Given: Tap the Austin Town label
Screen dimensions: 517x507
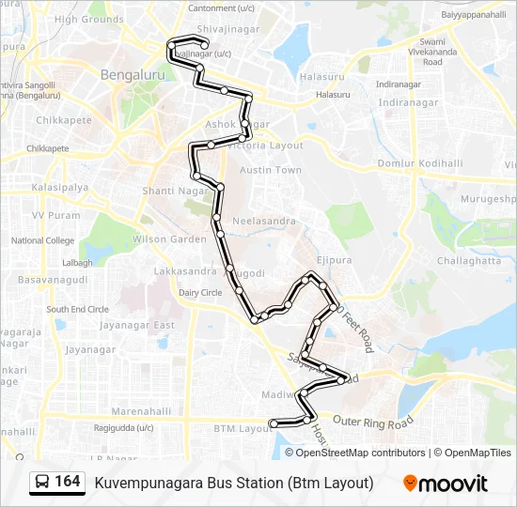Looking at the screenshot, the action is (271, 170).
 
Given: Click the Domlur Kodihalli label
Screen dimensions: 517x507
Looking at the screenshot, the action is (420, 163).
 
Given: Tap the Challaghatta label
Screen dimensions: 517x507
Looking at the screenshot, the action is (470, 260).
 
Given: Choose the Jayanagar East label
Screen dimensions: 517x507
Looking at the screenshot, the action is (138, 325).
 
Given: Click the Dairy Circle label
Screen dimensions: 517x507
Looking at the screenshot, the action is (200, 293).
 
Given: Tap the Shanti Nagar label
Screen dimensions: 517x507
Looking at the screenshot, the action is (173, 191).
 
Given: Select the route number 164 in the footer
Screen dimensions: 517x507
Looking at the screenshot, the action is (67, 481).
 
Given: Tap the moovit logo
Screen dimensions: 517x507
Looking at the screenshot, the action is (446, 484).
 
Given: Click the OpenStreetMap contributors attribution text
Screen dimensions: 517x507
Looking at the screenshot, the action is (361, 453).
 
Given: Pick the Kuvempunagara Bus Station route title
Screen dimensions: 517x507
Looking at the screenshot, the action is (234, 483).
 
